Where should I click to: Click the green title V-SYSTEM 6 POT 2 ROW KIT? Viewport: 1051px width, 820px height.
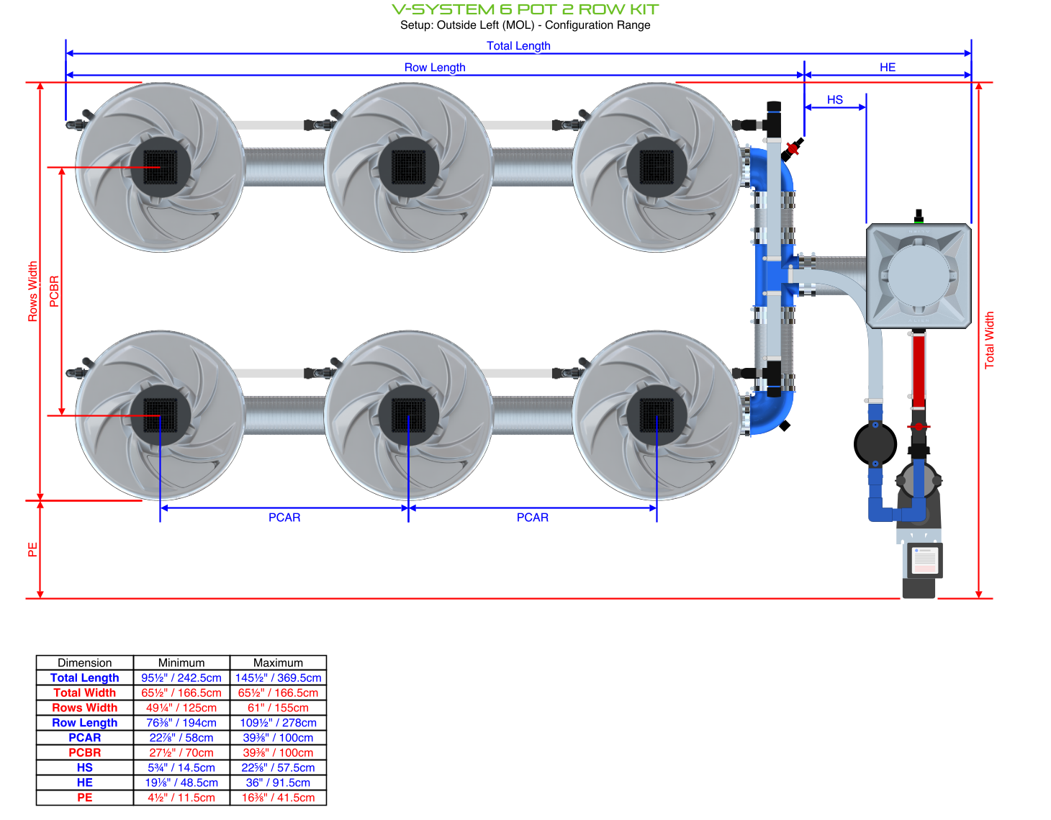pos(525,9)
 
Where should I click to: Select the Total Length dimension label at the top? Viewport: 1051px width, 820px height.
pos(518,45)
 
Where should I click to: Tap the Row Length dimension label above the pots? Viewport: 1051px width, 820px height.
pos(435,67)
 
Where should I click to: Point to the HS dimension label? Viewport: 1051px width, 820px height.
pos(834,99)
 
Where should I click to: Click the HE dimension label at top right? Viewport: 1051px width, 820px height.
pos(887,67)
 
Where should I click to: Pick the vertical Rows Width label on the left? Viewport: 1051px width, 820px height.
pos(32,291)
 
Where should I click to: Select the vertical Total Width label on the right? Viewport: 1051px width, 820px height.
pos(989,340)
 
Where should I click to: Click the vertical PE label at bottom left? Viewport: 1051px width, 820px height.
pos(32,549)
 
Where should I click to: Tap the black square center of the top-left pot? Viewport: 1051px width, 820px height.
pos(161,167)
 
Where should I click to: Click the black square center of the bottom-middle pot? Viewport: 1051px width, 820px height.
pos(408,415)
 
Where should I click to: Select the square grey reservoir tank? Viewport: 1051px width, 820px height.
pos(919,276)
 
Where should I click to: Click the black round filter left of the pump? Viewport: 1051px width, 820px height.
pos(875,443)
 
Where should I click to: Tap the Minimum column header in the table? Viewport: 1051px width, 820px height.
pos(181,662)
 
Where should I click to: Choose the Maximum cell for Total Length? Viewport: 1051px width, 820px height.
pos(278,677)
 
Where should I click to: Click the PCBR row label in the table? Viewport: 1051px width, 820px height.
pos(84,752)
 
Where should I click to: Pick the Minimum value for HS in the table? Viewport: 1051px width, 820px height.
pos(181,767)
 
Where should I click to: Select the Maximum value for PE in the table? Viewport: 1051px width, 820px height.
pos(278,798)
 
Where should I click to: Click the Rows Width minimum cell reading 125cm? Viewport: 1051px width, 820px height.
pos(181,708)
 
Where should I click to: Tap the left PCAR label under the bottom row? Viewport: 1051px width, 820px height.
pos(284,517)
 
